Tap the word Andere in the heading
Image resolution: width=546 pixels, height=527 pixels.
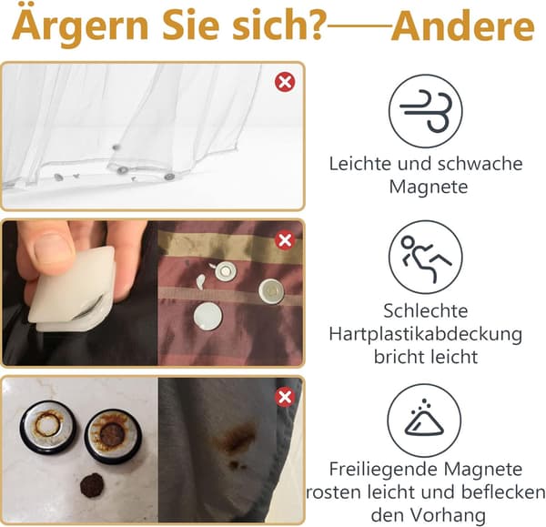(463, 26)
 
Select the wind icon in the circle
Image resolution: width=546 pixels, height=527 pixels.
(426, 111)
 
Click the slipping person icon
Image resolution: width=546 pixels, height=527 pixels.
(426, 257)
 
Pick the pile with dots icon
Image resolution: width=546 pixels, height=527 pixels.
(424, 421)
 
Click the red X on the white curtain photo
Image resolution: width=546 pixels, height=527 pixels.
(285, 82)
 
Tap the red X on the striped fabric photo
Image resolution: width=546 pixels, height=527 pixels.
(285, 240)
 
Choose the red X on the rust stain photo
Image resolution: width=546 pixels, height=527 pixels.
(285, 397)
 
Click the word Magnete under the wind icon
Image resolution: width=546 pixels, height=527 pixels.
(429, 187)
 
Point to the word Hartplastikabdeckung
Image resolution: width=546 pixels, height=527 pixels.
(426, 334)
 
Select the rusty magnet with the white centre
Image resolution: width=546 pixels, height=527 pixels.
(47, 427)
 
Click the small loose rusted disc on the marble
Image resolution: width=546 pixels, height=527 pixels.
(92, 485)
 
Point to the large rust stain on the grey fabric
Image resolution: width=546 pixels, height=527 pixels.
(238, 440)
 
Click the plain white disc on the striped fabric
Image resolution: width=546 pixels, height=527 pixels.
(208, 316)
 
